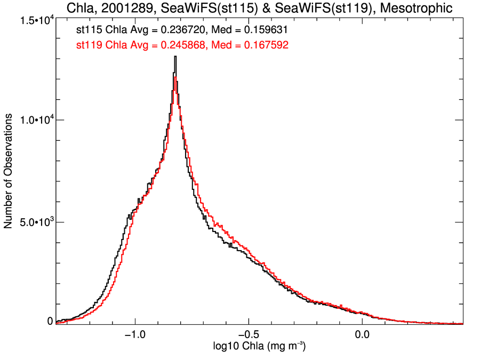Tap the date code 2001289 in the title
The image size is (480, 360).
coord(124,8)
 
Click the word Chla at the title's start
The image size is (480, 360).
coord(79,8)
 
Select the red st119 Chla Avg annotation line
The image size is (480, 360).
coord(183,46)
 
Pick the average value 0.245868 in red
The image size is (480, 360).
coord(174,46)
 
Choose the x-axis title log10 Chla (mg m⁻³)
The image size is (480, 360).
coord(259,347)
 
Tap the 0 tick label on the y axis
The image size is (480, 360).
coord(50,321)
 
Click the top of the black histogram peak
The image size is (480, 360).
coord(175,57)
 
